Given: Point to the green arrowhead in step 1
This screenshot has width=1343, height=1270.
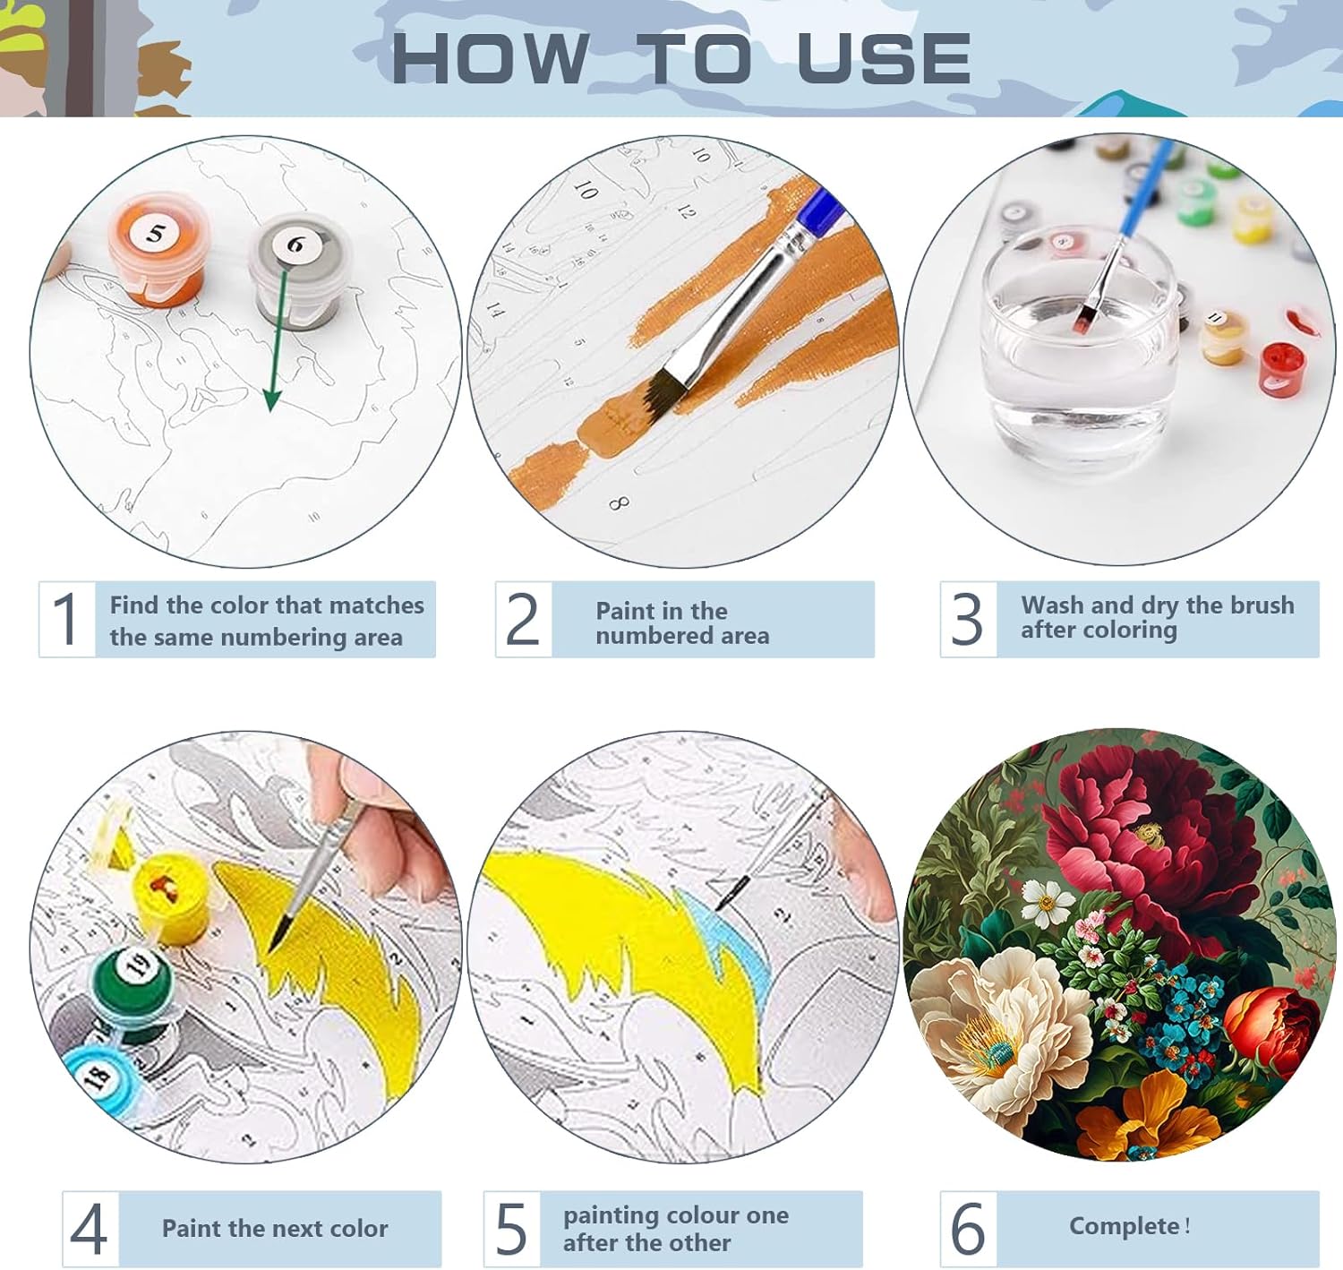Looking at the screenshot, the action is click(272, 399).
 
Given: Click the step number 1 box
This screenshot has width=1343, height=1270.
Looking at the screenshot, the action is click(67, 619).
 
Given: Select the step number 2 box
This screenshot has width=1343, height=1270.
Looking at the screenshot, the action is click(523, 619).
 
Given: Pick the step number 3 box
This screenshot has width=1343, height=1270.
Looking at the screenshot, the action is click(968, 619).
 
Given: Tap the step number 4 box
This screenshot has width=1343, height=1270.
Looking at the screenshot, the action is click(90, 1229).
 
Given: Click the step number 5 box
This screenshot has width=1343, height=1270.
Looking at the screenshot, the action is click(511, 1229).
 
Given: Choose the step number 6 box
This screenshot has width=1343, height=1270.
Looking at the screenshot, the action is click(968, 1229).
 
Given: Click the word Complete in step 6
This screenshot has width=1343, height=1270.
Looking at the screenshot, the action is click(1124, 1226).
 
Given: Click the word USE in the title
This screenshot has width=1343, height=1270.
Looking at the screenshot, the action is click(884, 59).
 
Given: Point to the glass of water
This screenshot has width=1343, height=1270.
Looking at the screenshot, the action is click(1079, 350).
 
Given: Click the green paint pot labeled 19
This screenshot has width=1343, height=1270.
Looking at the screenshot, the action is click(132, 980).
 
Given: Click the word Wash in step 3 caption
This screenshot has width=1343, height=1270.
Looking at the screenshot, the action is click(1052, 605).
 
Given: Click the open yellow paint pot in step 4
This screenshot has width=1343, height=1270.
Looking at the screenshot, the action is click(172, 897).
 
